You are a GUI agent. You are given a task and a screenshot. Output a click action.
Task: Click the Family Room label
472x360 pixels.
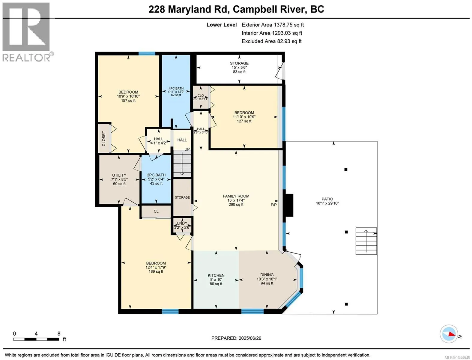(236, 196)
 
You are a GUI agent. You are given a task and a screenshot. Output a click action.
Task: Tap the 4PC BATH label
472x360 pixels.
(176, 88)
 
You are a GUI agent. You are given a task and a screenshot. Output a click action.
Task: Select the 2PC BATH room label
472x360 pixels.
(156, 175)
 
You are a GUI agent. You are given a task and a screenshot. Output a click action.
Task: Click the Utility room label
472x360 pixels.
(119, 175)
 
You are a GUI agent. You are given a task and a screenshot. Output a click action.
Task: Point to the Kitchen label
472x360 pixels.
(216, 275)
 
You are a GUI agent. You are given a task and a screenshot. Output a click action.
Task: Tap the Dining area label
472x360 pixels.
(267, 275)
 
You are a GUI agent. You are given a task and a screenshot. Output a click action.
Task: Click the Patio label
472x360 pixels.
(327, 199)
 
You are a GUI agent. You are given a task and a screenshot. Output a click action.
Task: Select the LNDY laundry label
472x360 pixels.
(182, 223)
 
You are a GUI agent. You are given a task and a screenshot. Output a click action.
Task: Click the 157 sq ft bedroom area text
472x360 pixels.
(128, 100)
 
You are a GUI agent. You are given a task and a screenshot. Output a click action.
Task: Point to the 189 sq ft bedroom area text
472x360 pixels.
(156, 271)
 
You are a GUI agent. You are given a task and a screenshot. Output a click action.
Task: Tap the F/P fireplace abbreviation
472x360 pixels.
(273, 205)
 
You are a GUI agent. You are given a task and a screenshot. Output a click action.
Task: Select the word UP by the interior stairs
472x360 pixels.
(187, 149)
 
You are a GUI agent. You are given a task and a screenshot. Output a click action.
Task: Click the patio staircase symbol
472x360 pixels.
(366, 241)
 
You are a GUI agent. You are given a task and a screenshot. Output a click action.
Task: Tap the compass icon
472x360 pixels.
(449, 334)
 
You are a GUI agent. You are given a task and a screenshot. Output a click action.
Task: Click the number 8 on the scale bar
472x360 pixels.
(59, 334)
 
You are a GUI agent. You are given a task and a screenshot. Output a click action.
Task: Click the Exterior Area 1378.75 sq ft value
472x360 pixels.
(273, 25)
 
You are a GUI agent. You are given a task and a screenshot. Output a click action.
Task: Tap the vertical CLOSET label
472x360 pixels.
(104, 139)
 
